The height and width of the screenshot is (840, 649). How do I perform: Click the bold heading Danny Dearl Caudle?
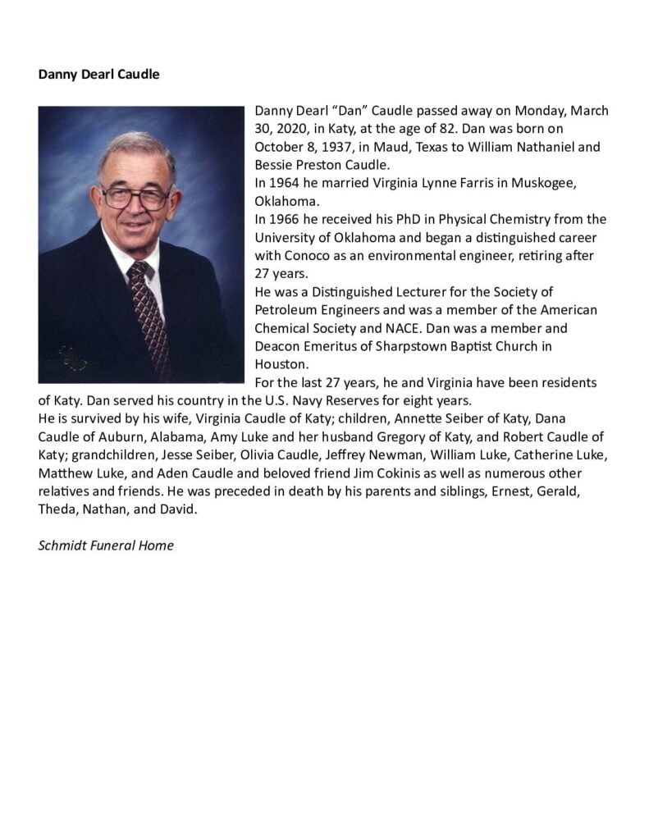(98, 75)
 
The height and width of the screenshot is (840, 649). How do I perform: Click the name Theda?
(57, 509)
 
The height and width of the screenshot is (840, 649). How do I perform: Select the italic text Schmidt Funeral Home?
(106, 546)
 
